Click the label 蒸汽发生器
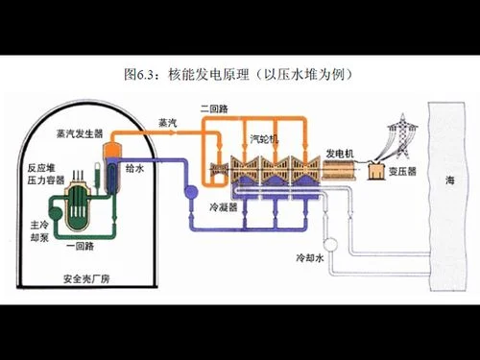tap(80, 133)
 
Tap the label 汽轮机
tap(264, 139)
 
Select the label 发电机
tap(340, 154)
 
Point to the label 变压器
tap(402, 171)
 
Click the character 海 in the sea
tap(450, 180)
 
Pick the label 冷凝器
tap(224, 207)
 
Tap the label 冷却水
tap(310, 257)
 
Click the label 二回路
tap(214, 108)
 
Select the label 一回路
tap(80, 246)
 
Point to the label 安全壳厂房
tap(86, 279)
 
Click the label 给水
tap(134, 168)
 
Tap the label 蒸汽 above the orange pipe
tap(168, 123)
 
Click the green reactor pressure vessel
tap(77, 204)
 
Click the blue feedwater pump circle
tap(191, 192)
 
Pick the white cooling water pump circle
tap(330, 245)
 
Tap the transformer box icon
tap(376, 171)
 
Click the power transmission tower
tap(402, 136)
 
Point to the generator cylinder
tap(338, 169)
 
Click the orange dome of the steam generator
tap(112, 150)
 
